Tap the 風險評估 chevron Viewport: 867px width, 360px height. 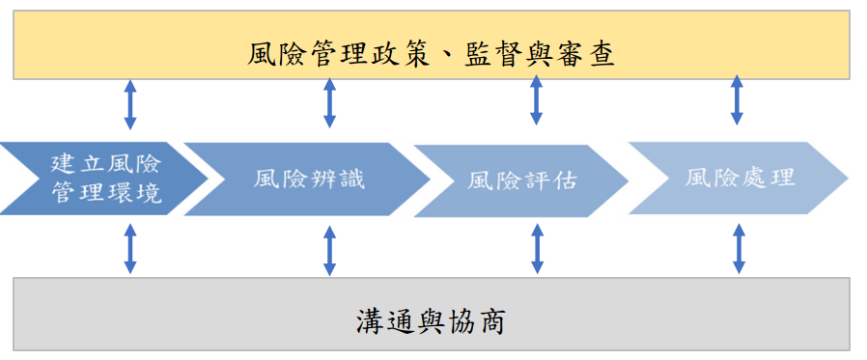coord(521,180)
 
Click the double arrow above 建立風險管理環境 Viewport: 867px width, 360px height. coord(130,105)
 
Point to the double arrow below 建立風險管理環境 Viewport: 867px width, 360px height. coord(130,249)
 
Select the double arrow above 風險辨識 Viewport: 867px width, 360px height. coord(329,103)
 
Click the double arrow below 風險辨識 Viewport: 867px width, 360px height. coord(329,251)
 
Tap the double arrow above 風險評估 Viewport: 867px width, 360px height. coord(537,100)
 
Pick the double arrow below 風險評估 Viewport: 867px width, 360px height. coord(537,249)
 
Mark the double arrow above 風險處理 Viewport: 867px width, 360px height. coord(738,100)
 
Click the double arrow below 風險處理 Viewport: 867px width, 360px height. coord(738,249)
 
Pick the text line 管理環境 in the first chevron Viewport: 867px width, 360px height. coord(105,196)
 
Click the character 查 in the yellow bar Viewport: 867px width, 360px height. coord(601,53)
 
